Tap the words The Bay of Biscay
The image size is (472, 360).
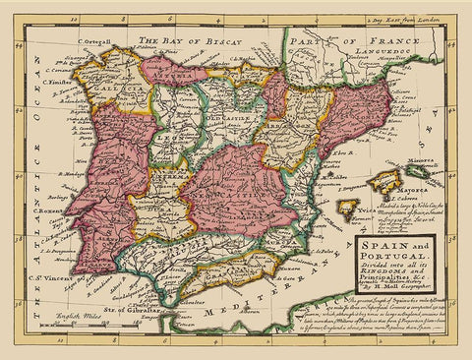coord(186,41)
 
